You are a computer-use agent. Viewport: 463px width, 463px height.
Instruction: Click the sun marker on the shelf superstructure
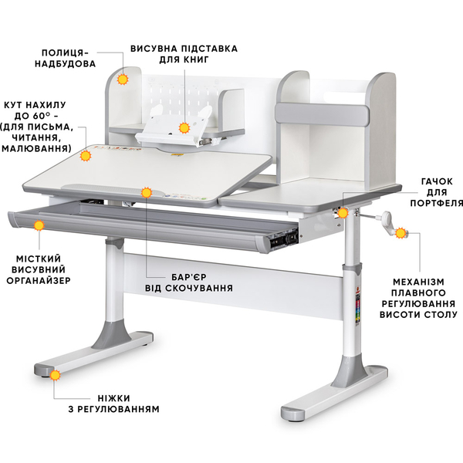[x=123, y=79]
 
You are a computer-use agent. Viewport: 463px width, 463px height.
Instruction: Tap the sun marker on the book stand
[x=184, y=128]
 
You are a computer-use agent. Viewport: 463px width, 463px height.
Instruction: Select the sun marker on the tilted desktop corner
[x=86, y=156]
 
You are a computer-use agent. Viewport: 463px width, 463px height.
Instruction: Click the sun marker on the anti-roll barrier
[x=146, y=192]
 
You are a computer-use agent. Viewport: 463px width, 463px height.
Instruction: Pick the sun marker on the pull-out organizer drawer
[x=39, y=225]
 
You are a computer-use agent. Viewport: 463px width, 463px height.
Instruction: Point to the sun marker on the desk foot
[x=55, y=375]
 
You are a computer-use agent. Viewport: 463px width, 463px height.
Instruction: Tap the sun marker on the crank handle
[x=400, y=233]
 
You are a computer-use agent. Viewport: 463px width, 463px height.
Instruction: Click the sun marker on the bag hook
[x=343, y=213]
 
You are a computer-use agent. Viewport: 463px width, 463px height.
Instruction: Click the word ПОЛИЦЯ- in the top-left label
[x=65, y=52]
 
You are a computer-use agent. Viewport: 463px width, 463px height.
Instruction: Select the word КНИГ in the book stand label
[x=196, y=59]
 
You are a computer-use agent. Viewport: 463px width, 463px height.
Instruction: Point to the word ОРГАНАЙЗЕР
[x=39, y=281]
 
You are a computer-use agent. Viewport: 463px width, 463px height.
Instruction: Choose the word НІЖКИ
[x=114, y=398]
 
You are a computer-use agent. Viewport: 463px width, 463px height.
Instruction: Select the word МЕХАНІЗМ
[x=418, y=282]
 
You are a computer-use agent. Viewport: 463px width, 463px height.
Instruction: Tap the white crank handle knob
[x=387, y=216]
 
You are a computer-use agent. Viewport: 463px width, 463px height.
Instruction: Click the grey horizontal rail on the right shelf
[x=322, y=113]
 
